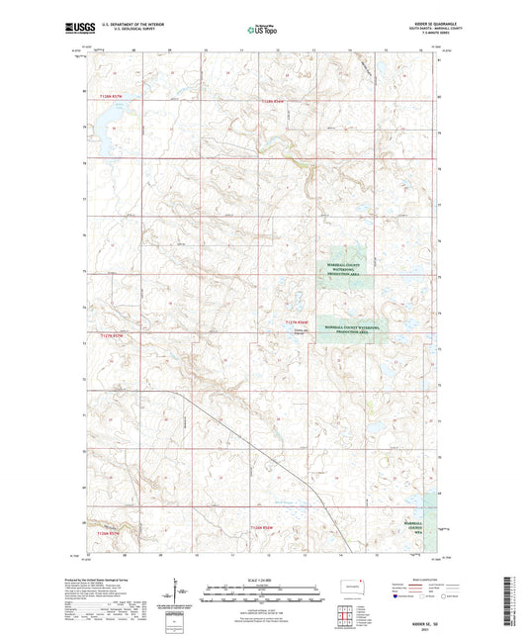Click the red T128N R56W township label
click(x=279, y=101)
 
